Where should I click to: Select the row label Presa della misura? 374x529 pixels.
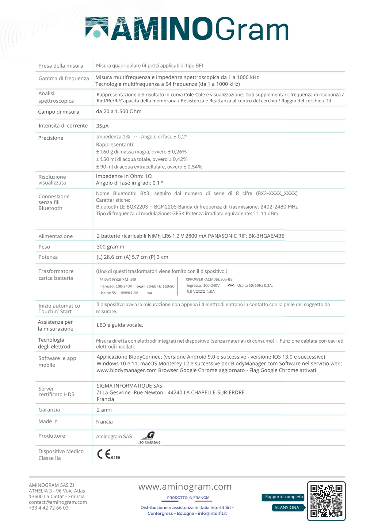[61, 66]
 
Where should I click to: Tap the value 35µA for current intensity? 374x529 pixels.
[102, 126]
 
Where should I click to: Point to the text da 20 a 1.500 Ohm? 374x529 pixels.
[119, 111]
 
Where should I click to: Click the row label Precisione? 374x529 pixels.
[51, 138]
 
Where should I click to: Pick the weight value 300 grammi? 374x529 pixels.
[111, 247]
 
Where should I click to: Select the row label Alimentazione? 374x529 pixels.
[56, 236]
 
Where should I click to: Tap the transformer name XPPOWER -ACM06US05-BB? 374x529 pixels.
[209, 279]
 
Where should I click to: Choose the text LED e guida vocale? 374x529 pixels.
[120, 325]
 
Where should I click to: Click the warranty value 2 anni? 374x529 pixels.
[104, 410]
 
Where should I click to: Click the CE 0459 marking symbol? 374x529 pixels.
[108, 454]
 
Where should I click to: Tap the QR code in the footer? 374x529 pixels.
[326, 501]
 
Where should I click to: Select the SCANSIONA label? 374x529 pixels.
[287, 507]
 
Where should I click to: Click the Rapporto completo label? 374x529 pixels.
[284, 497]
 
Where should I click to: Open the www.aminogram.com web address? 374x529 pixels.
[185, 487]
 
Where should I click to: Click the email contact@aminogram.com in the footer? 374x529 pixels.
[58, 502]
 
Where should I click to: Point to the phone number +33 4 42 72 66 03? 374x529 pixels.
[49, 508]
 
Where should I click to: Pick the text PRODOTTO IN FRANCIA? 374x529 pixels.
[188, 498]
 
